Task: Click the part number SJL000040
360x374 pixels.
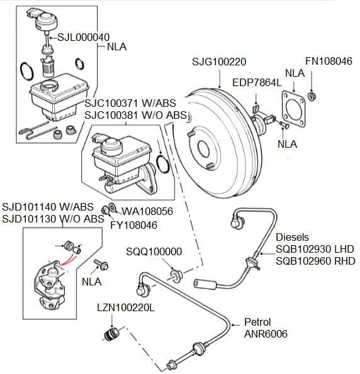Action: pos(83,37)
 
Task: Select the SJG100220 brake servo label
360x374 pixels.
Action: pos(219,62)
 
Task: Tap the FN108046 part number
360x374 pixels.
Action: pos(329,61)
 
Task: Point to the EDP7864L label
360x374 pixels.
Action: pos(257,83)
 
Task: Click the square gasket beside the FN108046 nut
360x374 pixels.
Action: pos(293,109)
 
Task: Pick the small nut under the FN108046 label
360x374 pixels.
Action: pos(312,96)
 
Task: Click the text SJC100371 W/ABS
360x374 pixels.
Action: pos(130,103)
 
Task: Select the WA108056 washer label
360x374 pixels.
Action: pos(147,211)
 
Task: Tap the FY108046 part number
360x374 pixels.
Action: pos(134,225)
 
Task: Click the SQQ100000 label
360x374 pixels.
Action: pos(154,251)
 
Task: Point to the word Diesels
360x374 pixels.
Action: pos(292,237)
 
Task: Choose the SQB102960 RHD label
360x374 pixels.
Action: pos(315,261)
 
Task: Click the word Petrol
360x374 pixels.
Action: pos(257,322)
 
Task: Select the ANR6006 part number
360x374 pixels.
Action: pos(266,334)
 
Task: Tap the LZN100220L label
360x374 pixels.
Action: pos(126,308)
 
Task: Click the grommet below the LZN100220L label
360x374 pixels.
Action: pos(111,334)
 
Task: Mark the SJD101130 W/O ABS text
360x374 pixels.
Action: pos(53,219)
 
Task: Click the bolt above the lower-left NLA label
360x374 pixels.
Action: pos(101,265)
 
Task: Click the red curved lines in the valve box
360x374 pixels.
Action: pos(69,260)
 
